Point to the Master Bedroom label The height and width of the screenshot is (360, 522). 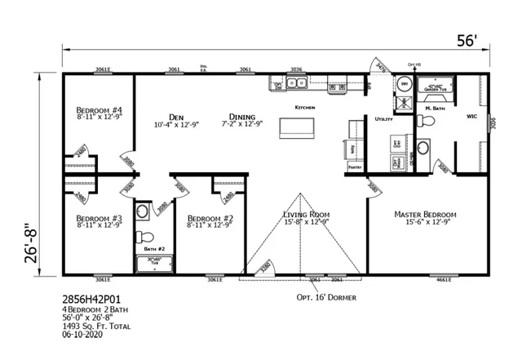[x=425, y=215]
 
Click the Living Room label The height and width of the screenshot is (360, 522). [x=305, y=215]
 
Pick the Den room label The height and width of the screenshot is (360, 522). [x=176, y=116]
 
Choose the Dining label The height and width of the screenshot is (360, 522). [x=242, y=116]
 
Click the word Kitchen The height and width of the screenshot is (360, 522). [x=304, y=107]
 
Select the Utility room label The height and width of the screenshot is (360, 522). [x=383, y=119]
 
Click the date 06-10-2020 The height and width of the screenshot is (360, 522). [x=84, y=333]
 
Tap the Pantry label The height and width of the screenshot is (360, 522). [x=355, y=166]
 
